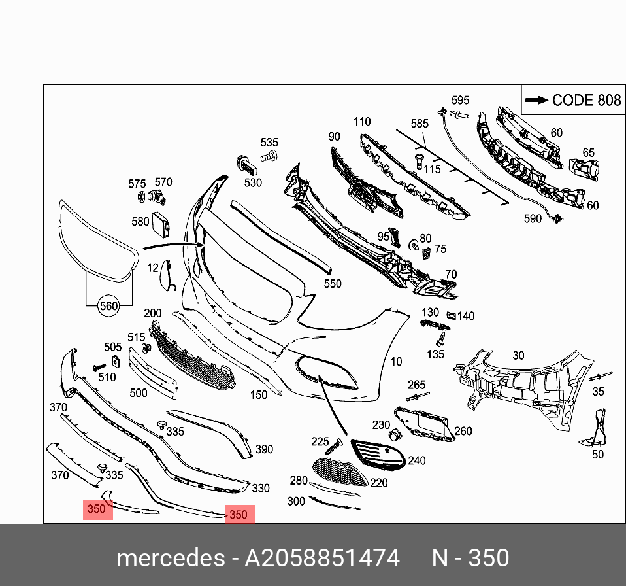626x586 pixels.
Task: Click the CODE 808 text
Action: (587, 100)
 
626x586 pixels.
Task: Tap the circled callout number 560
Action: (108, 306)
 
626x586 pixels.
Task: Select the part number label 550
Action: (333, 284)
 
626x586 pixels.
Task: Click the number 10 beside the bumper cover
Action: (396, 362)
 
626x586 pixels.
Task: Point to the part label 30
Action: (518, 355)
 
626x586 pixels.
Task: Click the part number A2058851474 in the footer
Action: (321, 558)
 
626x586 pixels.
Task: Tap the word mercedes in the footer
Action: (171, 558)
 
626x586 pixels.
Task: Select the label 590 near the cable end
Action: (533, 218)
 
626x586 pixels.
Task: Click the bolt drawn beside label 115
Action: (419, 162)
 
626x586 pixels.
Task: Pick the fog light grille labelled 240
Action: (378, 454)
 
